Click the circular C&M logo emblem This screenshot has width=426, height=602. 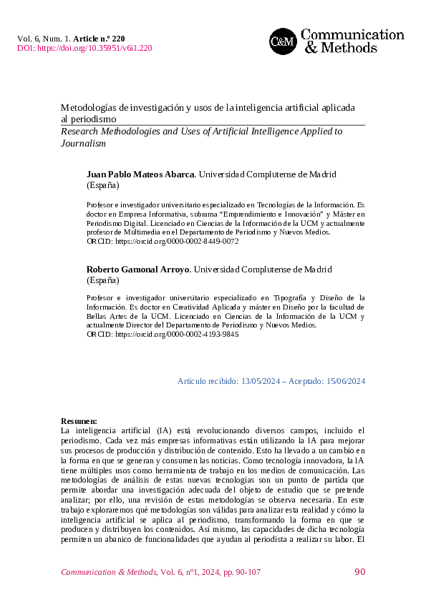coord(282,41)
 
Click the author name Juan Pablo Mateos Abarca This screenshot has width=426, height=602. coord(140,174)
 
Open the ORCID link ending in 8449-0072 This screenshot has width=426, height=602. coord(171,242)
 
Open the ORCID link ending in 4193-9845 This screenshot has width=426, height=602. coord(171,334)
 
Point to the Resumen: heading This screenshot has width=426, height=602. coord(79,421)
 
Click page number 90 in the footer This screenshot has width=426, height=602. coord(359,572)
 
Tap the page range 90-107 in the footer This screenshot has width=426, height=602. coord(244,572)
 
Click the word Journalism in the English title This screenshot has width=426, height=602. coord(83,143)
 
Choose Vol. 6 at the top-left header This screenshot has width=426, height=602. coord(27,37)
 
